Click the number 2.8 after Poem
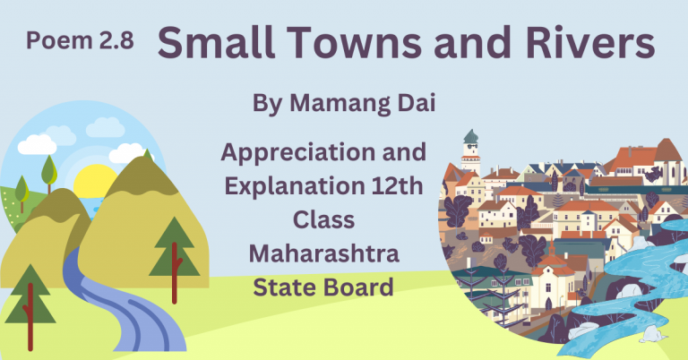pyautogui.click(x=114, y=40)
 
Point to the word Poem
pyautogui.click(x=56, y=40)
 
